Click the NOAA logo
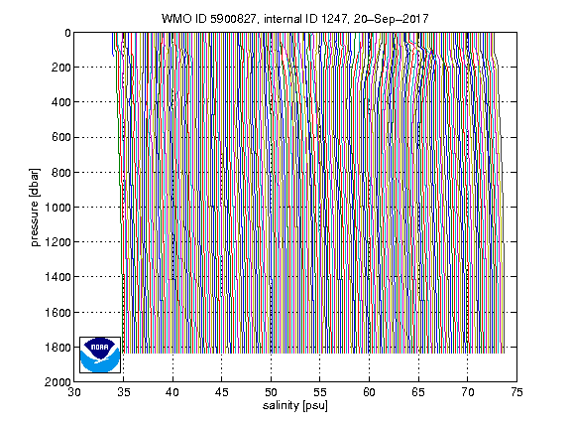[100, 355]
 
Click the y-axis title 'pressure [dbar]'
[35, 208]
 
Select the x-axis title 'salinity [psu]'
[295, 405]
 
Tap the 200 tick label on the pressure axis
[60, 68]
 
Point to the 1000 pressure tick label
[57, 208]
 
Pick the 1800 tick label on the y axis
[57, 348]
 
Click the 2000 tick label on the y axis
[57, 382]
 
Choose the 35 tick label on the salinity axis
[124, 392]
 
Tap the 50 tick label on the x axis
[271, 392]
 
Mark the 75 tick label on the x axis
[516, 392]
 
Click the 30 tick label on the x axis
[74, 392]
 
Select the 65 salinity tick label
[418, 392]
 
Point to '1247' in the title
[335, 19]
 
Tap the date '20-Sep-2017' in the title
[392, 18]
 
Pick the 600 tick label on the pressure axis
[60, 137]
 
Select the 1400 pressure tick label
[57, 277]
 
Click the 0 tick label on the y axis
[67, 33]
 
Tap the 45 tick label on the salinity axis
[222, 392]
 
